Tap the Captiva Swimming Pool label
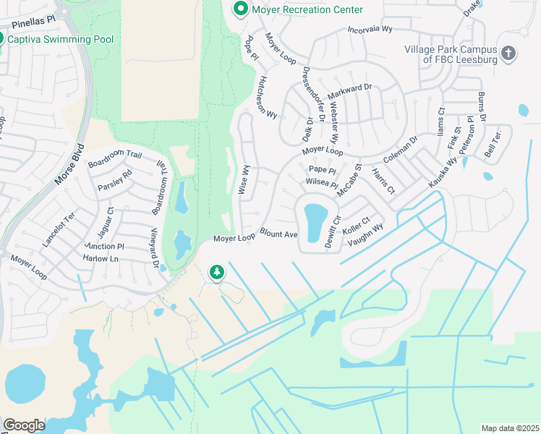click(51, 39)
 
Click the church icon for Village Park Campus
click(509, 53)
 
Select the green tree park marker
click(216, 272)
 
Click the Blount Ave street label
click(279, 234)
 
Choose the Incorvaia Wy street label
click(369, 30)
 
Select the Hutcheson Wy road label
click(265, 97)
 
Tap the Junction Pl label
click(104, 246)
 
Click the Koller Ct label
click(356, 225)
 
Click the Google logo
click(24, 425)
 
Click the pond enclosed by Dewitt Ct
click(315, 221)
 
